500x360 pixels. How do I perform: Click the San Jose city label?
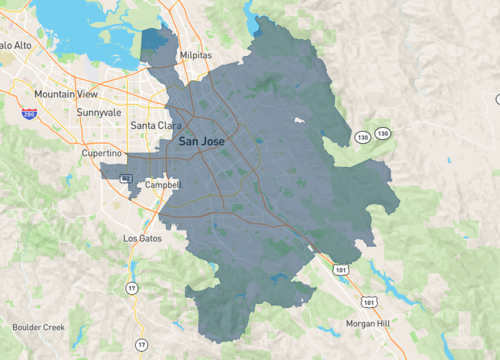201,142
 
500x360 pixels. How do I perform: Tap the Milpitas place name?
196,57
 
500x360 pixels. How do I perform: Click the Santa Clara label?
156,126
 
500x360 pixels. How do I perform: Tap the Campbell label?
161,185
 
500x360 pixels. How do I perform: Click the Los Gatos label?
142,239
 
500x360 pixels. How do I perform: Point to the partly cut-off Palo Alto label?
14,45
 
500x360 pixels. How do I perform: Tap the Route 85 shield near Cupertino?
125,178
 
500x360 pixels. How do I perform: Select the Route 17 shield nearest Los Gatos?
131,289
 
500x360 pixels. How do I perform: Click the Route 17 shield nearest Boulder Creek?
140,345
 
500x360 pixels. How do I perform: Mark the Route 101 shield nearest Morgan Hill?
371,300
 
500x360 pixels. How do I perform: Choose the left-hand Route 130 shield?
359,134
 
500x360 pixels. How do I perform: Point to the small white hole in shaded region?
297,121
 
